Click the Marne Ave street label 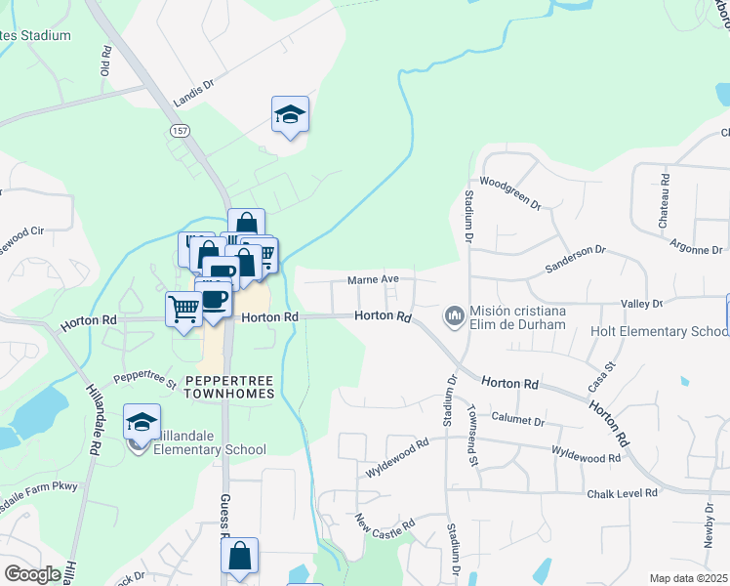coord(374,280)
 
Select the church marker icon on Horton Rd coord(454,315)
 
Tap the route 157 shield coord(180,130)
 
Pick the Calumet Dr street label coord(517,421)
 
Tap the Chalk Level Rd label coord(622,494)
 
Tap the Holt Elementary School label coord(659,331)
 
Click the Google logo coord(32,574)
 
